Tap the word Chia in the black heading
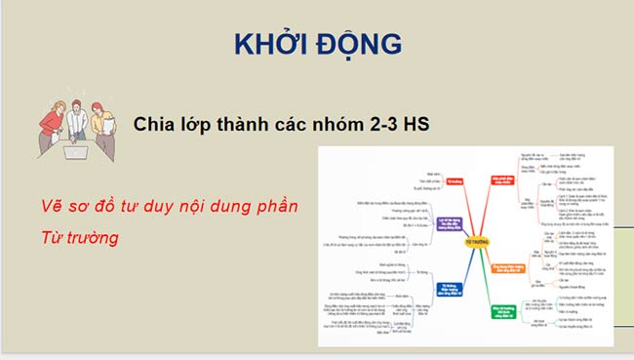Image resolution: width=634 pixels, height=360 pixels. (155, 125)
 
